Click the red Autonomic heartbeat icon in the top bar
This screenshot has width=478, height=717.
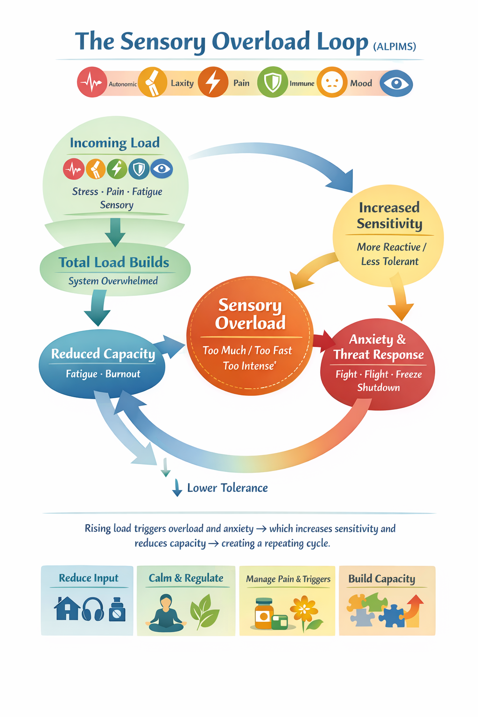92,82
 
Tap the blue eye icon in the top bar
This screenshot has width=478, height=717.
396,84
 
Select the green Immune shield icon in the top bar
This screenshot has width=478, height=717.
272,83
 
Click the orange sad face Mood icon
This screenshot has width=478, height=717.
332,83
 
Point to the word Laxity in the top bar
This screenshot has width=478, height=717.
182,83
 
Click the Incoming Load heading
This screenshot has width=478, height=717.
115,142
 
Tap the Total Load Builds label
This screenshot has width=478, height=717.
114,262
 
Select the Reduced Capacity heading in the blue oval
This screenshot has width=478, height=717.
103,354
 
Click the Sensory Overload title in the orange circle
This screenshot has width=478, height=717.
250,314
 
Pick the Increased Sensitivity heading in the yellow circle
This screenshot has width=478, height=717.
389,215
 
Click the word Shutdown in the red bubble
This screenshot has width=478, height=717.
379,387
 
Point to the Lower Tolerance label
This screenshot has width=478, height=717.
227,488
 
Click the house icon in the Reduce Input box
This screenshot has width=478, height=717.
67,609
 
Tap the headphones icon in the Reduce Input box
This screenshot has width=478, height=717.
93,609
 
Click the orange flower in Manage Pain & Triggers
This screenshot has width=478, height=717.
304,610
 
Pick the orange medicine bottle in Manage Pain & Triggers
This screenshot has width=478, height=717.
264,613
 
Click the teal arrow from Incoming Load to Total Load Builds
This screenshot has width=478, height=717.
115,231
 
